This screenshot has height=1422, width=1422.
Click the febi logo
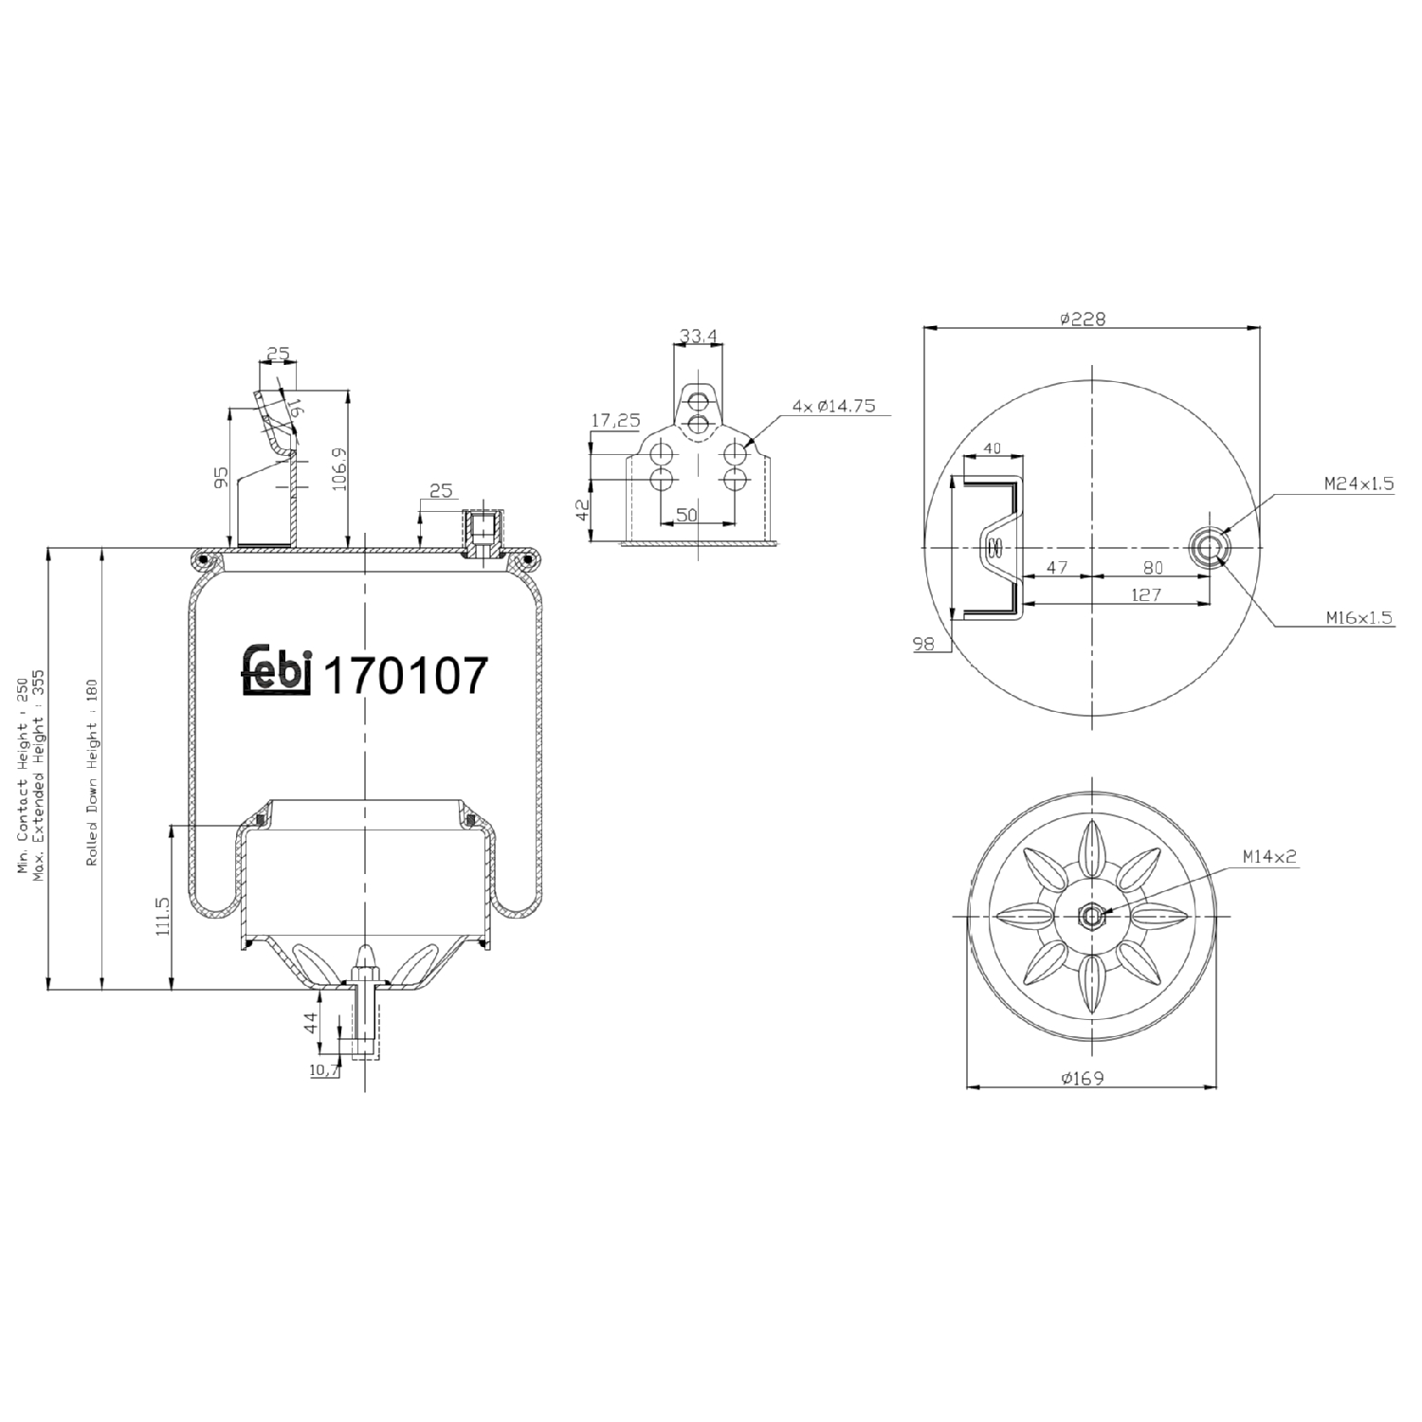pyautogui.click(x=277, y=672)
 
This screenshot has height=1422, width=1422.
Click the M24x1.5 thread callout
pyautogui.click(x=1358, y=483)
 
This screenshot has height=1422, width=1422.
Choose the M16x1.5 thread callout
pyautogui.click(x=1358, y=617)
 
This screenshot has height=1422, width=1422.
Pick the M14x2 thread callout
pyautogui.click(x=1269, y=856)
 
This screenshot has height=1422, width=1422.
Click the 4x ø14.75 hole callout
pyautogui.click(x=833, y=406)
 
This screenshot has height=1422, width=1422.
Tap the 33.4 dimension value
pyautogui.click(x=698, y=335)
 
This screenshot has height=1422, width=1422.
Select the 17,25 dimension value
pyautogui.click(x=615, y=420)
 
